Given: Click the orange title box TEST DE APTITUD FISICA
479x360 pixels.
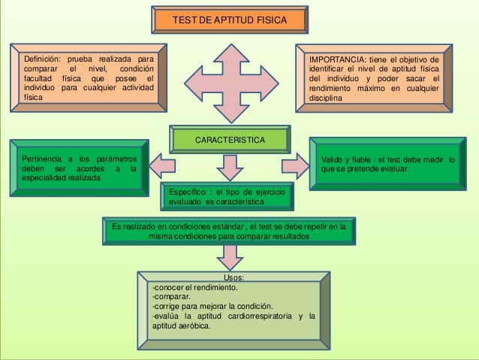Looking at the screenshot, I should (x=230, y=20).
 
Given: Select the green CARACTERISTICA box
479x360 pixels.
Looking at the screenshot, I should (x=230, y=141).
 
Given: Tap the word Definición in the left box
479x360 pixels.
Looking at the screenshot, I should (x=44, y=57).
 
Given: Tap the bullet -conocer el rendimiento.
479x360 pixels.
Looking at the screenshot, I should (x=194, y=287).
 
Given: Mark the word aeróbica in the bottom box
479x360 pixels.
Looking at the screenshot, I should (x=195, y=325).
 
